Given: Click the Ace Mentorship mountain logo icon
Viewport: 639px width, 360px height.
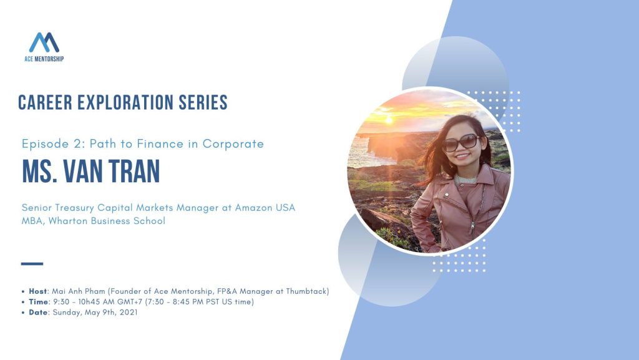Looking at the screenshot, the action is tap(44, 43).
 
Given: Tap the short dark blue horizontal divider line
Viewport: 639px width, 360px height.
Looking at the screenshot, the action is tap(32, 264).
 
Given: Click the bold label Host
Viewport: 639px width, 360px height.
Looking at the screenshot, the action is tap(38, 291).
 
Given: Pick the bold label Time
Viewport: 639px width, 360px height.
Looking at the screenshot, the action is tap(38, 302).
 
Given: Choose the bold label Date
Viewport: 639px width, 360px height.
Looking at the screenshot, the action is tap(38, 313).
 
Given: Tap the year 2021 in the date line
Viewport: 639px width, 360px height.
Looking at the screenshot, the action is tap(129, 313).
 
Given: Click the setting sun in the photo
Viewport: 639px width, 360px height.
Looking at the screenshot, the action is tap(389, 120).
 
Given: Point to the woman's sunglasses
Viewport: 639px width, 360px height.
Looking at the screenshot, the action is tap(461, 142).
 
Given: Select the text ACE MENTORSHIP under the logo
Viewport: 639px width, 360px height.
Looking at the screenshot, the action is tap(44, 59).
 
